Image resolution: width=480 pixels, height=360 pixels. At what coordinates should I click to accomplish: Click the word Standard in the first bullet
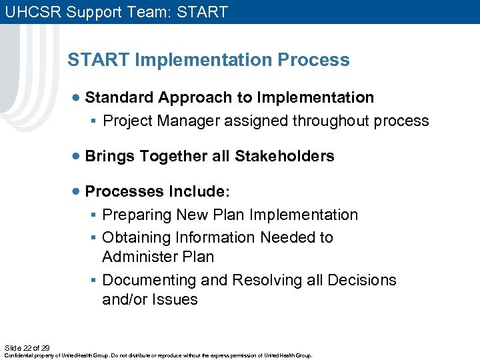click(119, 97)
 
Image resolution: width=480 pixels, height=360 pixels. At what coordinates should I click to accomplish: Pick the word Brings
click(110, 156)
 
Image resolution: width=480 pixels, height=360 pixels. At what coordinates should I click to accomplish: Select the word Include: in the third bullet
click(199, 192)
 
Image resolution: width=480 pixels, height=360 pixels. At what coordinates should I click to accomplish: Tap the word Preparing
click(137, 215)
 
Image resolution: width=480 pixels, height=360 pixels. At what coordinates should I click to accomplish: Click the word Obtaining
click(137, 237)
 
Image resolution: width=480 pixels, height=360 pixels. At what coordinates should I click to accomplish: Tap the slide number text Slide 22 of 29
click(27, 347)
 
